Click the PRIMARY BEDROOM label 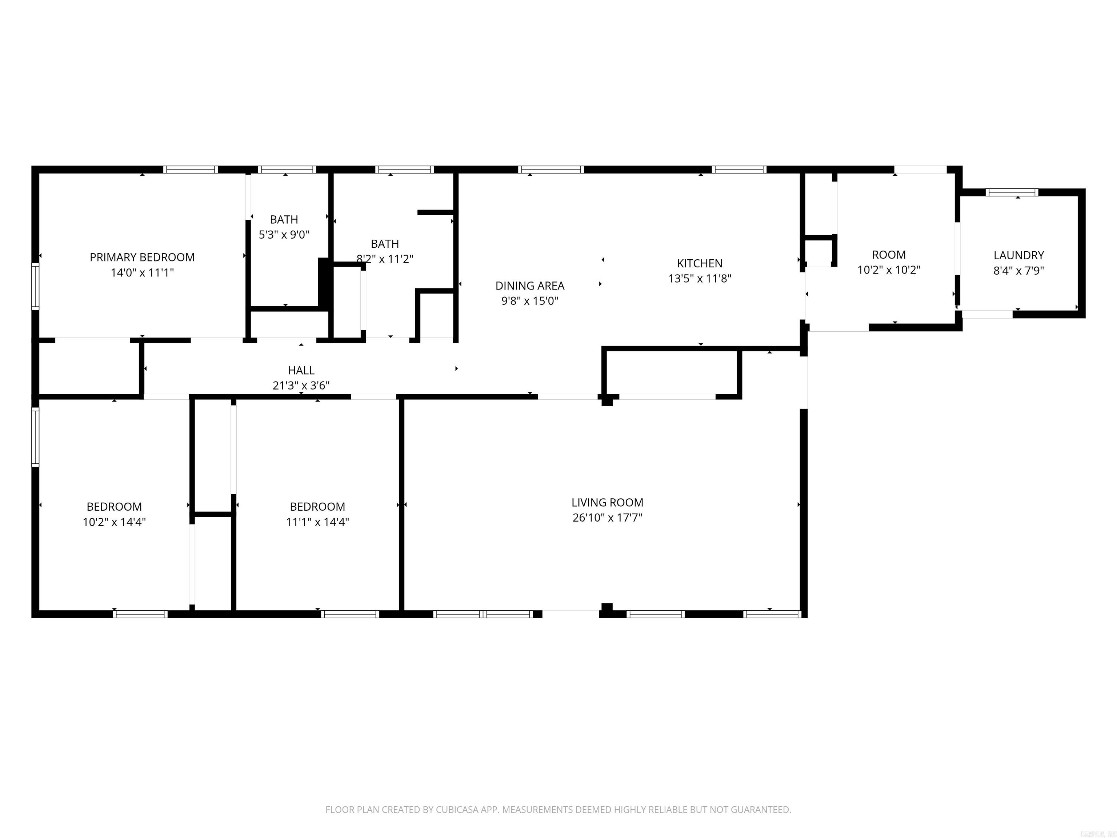[142, 257]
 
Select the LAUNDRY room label [1018, 255]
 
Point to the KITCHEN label [699, 263]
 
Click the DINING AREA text [530, 286]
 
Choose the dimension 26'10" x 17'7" [607, 517]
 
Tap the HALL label [301, 370]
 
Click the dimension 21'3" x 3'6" [301, 386]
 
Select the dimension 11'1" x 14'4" [317, 522]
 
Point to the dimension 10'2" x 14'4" [114, 522]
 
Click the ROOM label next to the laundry [889, 255]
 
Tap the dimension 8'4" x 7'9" [1018, 270]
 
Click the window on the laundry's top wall [1012, 192]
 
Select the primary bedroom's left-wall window [35, 286]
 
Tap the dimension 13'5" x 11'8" [699, 278]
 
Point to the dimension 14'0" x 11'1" [142, 273]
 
